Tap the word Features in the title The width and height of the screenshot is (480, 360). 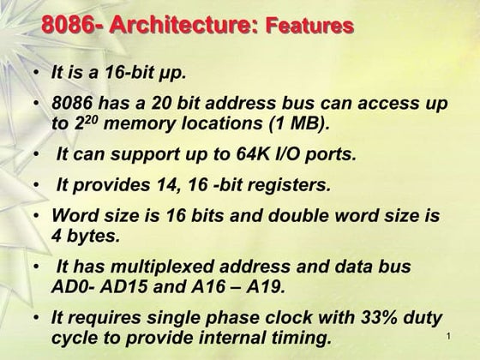[309, 26]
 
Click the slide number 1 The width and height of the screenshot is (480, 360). [448, 340]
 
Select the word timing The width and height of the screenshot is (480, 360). [302, 337]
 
